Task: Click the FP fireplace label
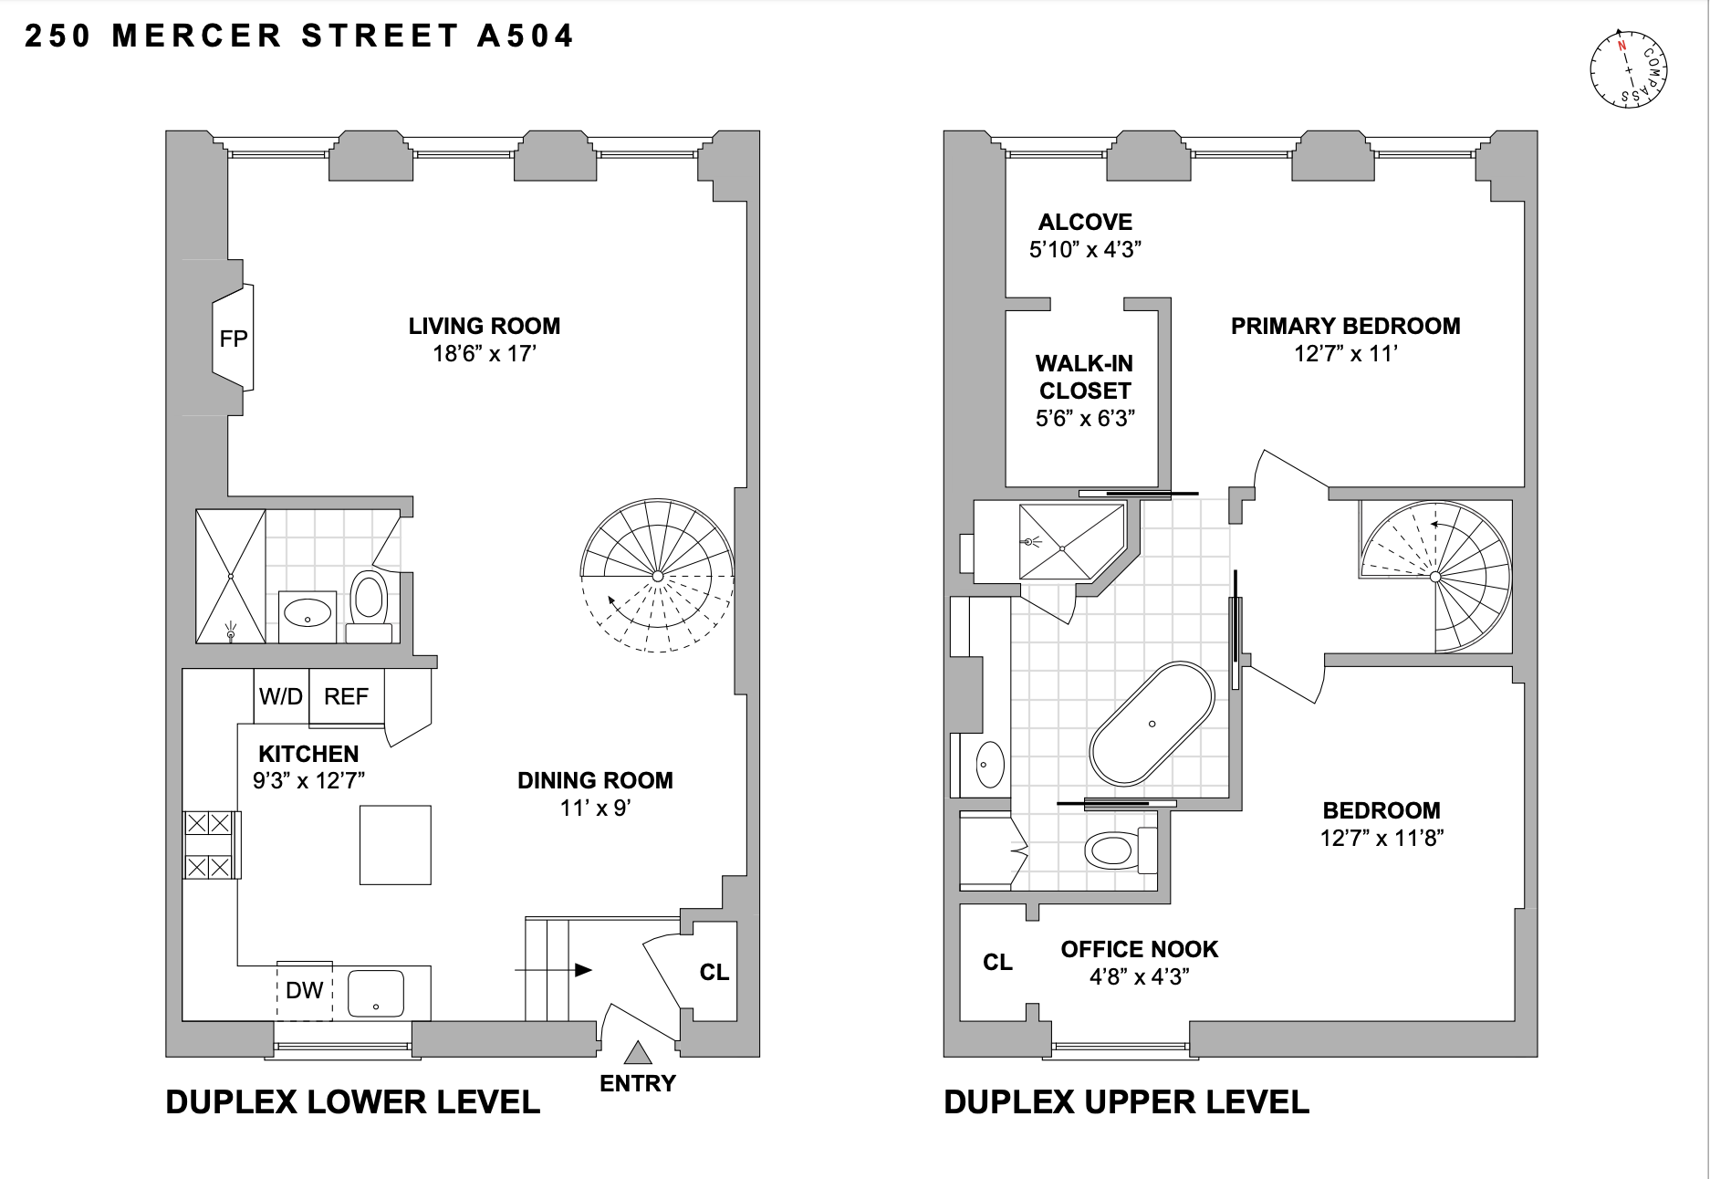pos(233,339)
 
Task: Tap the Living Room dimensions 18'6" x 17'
pos(484,354)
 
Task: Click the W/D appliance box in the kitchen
pos(280,696)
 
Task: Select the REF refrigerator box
pos(346,696)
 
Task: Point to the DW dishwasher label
pos(304,990)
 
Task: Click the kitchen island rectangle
pos(394,845)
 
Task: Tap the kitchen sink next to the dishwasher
pos(375,993)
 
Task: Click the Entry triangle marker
pos(637,1054)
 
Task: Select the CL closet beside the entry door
pos(714,972)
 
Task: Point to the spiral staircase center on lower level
pos(658,576)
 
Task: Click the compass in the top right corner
pos(1629,69)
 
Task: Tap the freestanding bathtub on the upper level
pos(1152,724)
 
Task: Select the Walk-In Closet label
pos(1084,377)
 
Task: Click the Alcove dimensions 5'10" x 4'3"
pos(1085,249)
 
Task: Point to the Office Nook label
pos(1139,949)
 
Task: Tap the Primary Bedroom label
pos(1345,326)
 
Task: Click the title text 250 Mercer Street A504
pos(299,36)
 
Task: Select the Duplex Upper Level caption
pos(1126,1101)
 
